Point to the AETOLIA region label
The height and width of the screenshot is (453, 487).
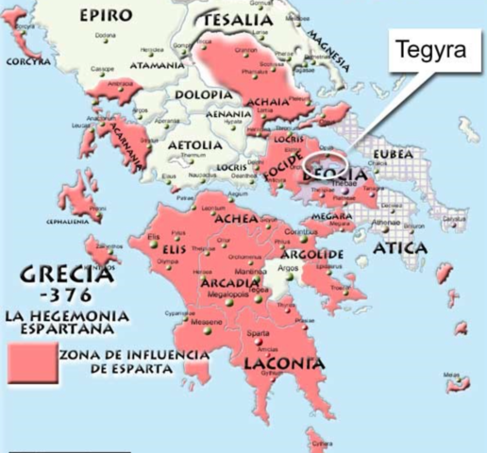click(x=194, y=145)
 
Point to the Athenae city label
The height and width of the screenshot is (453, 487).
click(x=387, y=223)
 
